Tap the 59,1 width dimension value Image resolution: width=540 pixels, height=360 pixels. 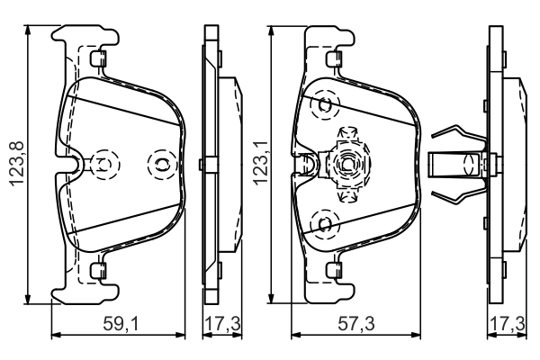120,321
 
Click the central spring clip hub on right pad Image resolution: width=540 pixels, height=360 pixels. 346,163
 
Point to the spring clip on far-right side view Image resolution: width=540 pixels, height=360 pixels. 459,164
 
